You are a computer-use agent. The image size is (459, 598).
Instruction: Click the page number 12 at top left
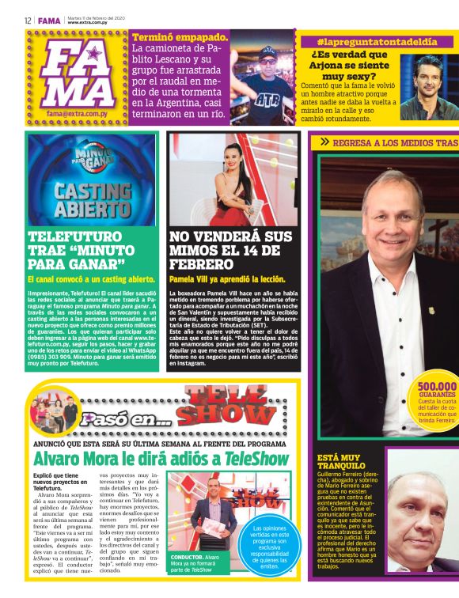pos(27,21)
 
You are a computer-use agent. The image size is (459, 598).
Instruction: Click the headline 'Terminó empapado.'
pos(181,37)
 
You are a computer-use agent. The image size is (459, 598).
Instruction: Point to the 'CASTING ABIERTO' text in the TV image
pos(81,199)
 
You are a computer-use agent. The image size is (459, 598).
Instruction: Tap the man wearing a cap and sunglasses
pos(266,71)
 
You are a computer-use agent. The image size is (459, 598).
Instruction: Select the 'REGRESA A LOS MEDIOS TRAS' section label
pos(388,142)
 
